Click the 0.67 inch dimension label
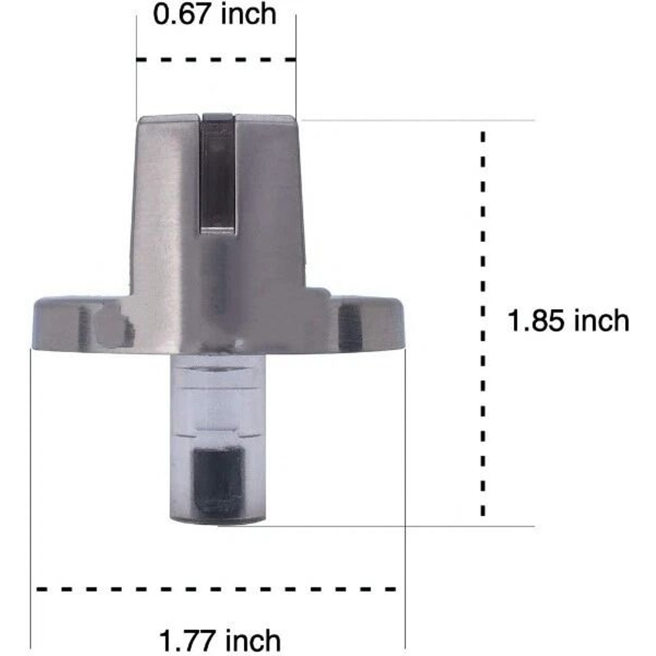pyautogui.click(x=215, y=14)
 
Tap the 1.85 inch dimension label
pyautogui.click(x=568, y=321)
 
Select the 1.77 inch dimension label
pyautogui.click(x=220, y=640)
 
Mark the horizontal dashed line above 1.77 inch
pyautogui.click(x=216, y=589)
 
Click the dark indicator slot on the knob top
pyautogui.click(x=218, y=174)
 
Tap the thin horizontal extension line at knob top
pyautogui.click(x=420, y=121)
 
